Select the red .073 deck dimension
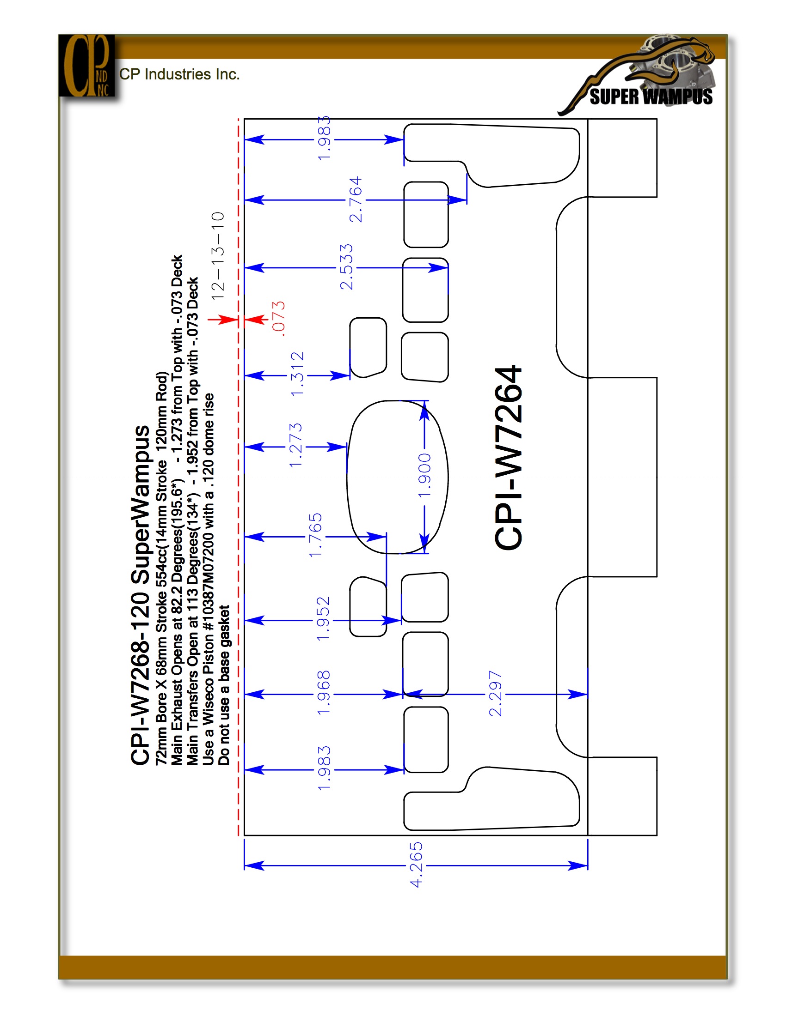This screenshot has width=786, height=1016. (278, 319)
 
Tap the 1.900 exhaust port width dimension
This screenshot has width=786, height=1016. (424, 475)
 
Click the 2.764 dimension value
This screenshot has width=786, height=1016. (355, 200)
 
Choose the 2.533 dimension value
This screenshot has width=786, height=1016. (346, 267)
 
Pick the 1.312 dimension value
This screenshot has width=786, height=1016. (297, 375)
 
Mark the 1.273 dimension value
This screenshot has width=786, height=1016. (296, 446)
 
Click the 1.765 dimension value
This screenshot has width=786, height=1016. (315, 535)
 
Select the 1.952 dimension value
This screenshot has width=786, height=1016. (323, 619)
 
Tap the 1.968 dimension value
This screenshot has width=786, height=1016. (323, 693)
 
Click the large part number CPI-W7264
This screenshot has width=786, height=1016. (509, 458)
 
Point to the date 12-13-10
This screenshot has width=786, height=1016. (218, 256)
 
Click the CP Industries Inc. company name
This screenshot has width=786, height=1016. (179, 74)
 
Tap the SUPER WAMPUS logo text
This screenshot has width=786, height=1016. (651, 97)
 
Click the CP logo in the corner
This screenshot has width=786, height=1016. (86, 66)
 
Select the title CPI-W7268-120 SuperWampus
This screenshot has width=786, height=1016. (141, 595)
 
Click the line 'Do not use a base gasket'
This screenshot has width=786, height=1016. (224, 685)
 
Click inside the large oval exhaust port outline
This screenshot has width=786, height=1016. (397, 477)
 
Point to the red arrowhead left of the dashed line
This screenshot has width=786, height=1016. (228, 320)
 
